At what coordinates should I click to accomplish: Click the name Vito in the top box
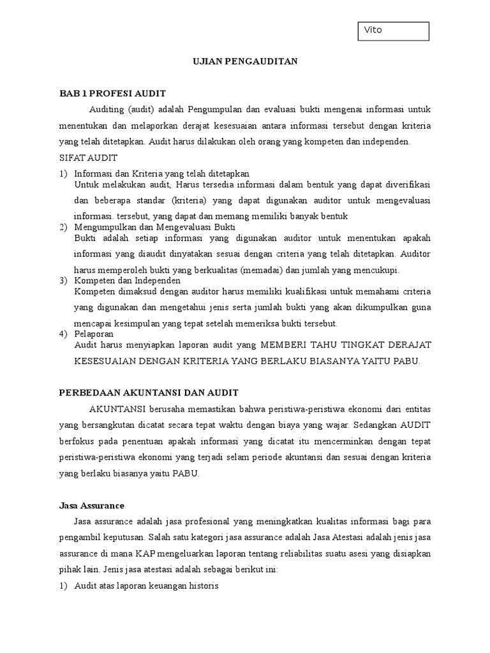pyautogui.click(x=373, y=30)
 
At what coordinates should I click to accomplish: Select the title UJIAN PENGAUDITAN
pyautogui.click(x=245, y=62)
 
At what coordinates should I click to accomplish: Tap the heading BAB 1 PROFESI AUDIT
pyautogui.click(x=112, y=93)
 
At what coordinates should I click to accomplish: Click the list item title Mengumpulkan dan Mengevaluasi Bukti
pyautogui.click(x=155, y=226)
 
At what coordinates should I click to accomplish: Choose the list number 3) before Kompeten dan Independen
pyautogui.click(x=63, y=280)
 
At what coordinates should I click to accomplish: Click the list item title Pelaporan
pyautogui.click(x=94, y=334)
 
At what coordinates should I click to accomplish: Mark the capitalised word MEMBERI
pyautogui.click(x=283, y=344)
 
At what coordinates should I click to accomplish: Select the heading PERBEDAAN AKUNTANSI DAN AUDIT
pyautogui.click(x=149, y=392)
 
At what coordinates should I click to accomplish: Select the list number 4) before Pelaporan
pyautogui.click(x=63, y=334)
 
